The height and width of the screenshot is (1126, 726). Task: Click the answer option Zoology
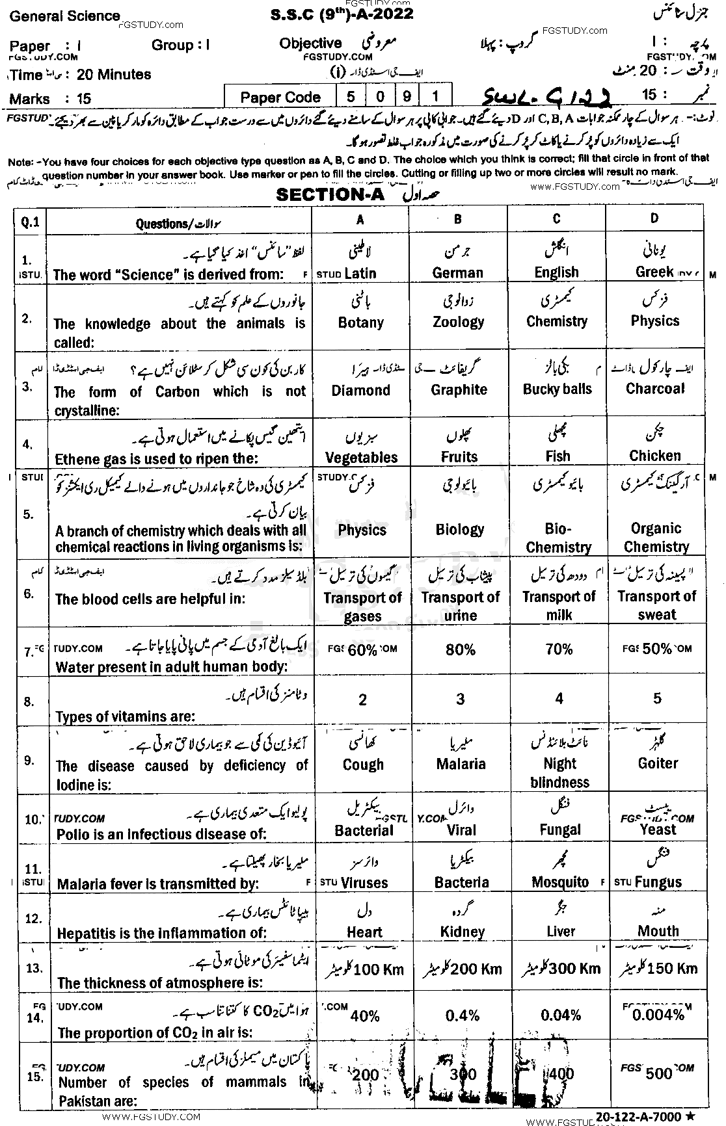pos(459,322)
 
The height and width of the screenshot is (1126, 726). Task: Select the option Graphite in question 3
pos(459,389)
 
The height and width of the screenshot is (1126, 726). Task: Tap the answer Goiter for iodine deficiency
pos(658,763)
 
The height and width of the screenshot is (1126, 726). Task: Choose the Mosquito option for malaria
pos(560,882)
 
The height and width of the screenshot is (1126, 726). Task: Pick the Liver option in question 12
pos(561,931)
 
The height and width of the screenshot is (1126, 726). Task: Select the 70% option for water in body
pos(559,649)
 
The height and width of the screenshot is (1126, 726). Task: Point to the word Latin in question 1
pos(360,274)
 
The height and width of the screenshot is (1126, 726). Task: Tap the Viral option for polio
pos(461,830)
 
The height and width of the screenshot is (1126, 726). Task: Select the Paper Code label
pos(280,98)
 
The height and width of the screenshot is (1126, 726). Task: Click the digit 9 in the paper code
pos(407,97)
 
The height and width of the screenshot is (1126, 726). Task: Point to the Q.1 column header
pos(31,222)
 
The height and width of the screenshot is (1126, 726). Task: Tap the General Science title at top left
pos(65,16)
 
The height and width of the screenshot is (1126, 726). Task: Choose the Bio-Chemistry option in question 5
pos(558,538)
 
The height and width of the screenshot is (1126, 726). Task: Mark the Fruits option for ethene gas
pos(459,456)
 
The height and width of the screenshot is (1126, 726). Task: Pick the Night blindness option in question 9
pos(559,772)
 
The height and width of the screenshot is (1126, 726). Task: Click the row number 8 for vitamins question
pos(29,701)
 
